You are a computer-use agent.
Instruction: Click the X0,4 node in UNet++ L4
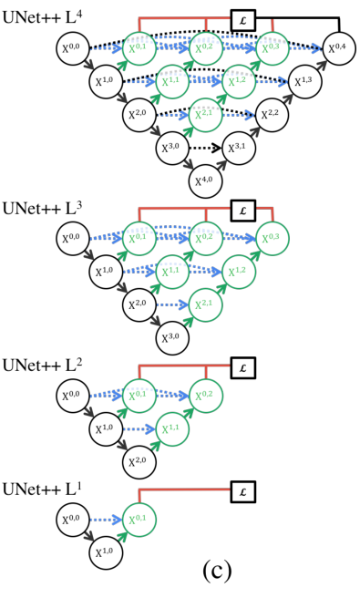(336, 48)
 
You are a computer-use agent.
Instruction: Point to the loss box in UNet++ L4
(242, 19)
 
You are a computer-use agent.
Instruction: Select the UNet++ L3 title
(40, 206)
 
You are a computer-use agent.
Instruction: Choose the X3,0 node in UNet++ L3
(172, 338)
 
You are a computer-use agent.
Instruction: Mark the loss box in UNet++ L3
(242, 211)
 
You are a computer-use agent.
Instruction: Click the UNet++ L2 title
(40, 365)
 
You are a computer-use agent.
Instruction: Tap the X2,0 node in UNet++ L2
(139, 462)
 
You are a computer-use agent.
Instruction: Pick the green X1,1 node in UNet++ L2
(172, 428)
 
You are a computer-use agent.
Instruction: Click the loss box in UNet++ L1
(242, 491)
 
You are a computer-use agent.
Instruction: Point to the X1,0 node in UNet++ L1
(107, 552)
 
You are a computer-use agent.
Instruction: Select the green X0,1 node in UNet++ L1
(139, 520)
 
